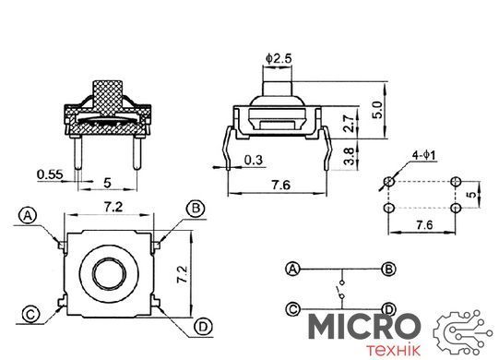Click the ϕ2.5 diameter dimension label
(279, 59)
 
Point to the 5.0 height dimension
(377, 110)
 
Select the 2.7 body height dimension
(349, 123)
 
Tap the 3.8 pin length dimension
(349, 156)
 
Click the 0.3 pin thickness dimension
(254, 160)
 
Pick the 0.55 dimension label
(50, 174)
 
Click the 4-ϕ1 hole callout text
(423, 155)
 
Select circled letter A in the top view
(28, 216)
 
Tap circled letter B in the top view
(196, 209)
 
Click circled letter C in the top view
(30, 315)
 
